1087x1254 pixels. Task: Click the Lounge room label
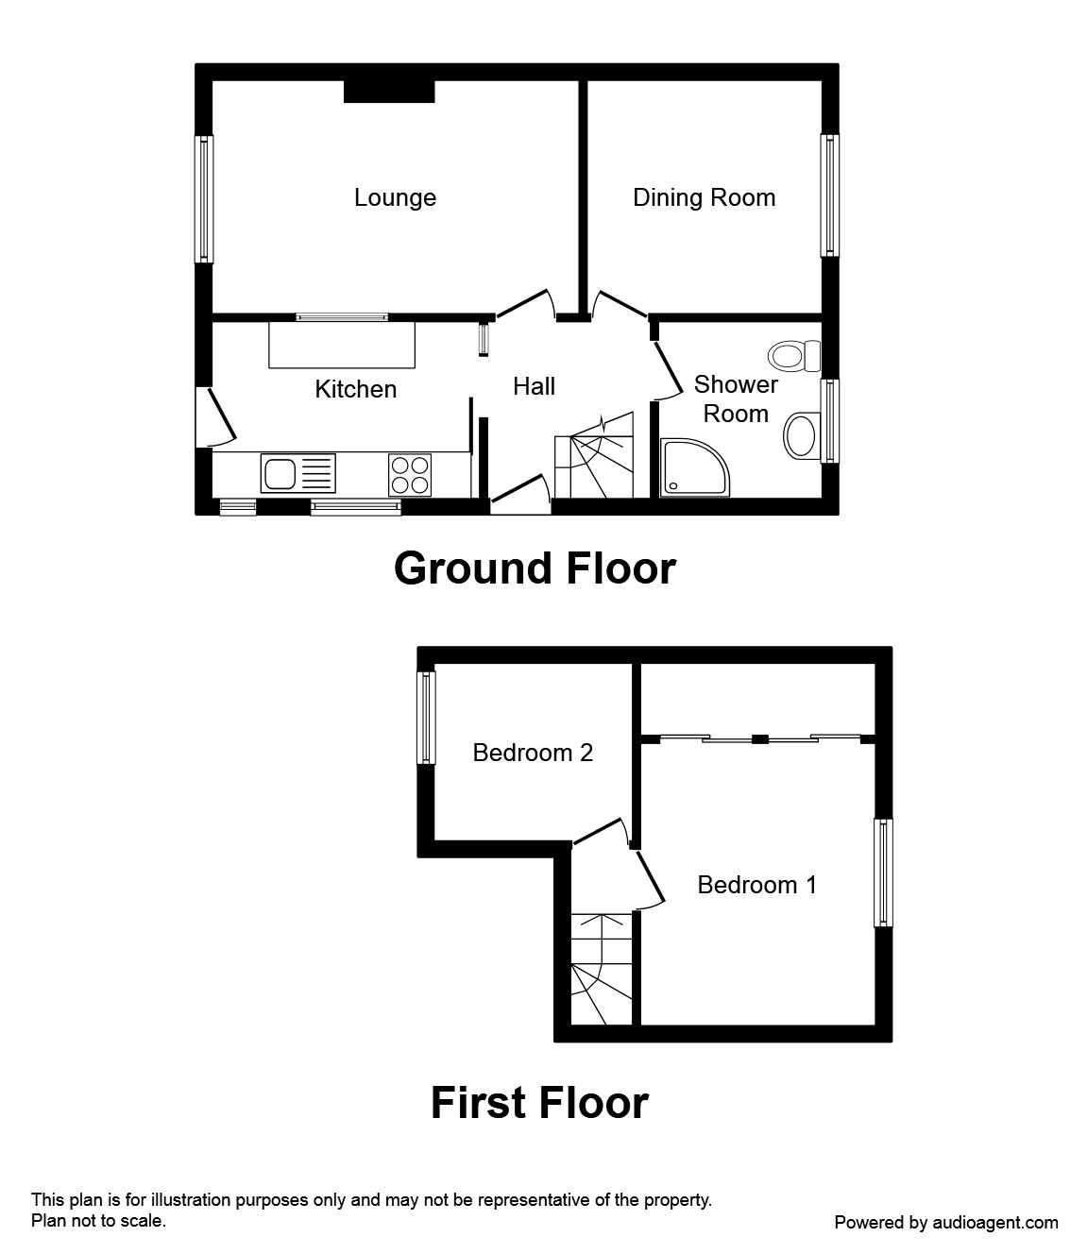pos(395,197)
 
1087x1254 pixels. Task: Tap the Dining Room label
pos(704,197)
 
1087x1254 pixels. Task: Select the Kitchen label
pos(355,389)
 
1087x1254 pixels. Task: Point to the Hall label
pos(534,386)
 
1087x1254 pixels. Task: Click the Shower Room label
pos(736,398)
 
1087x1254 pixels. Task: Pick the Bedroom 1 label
pos(756,885)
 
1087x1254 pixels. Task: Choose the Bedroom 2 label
pos(533,753)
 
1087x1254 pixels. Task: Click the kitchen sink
pos(298,473)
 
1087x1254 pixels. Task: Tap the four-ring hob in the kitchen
pos(410,474)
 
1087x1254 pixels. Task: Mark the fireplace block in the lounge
pos(389,91)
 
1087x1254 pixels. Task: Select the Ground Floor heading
pos(535,568)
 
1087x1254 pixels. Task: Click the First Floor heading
pos(539,1103)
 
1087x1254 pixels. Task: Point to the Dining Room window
pos(829,195)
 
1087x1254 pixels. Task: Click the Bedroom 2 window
pos(427,718)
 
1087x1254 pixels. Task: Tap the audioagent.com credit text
pos(946,1222)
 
